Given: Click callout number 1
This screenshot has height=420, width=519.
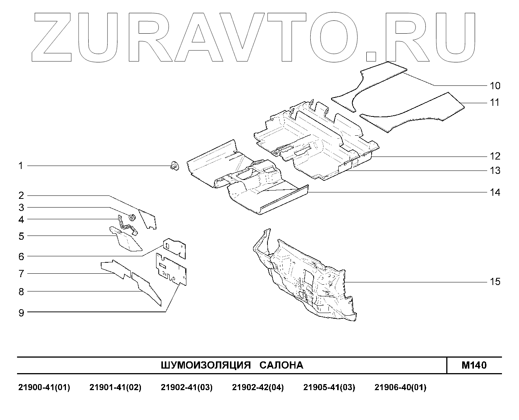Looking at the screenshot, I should (x=21, y=166).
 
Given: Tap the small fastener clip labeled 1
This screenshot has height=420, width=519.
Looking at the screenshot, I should (x=174, y=166).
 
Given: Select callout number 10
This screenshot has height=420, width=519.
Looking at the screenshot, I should (x=495, y=85).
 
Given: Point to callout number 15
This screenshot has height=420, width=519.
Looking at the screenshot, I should (x=495, y=282).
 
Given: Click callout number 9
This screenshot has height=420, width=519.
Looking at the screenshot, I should (x=21, y=313).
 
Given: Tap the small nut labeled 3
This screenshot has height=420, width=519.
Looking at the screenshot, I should (x=132, y=217).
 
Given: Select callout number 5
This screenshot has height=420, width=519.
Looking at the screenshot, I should (x=21, y=236).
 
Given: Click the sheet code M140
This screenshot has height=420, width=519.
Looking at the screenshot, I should (x=474, y=365).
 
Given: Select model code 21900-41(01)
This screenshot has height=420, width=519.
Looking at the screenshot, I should (x=44, y=387).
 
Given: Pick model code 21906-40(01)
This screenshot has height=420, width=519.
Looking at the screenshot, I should (x=400, y=387).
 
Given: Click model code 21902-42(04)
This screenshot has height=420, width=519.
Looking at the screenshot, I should (x=258, y=387).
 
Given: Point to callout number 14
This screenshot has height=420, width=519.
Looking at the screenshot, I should (x=495, y=192).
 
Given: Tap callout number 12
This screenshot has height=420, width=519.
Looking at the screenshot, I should (x=495, y=156).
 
